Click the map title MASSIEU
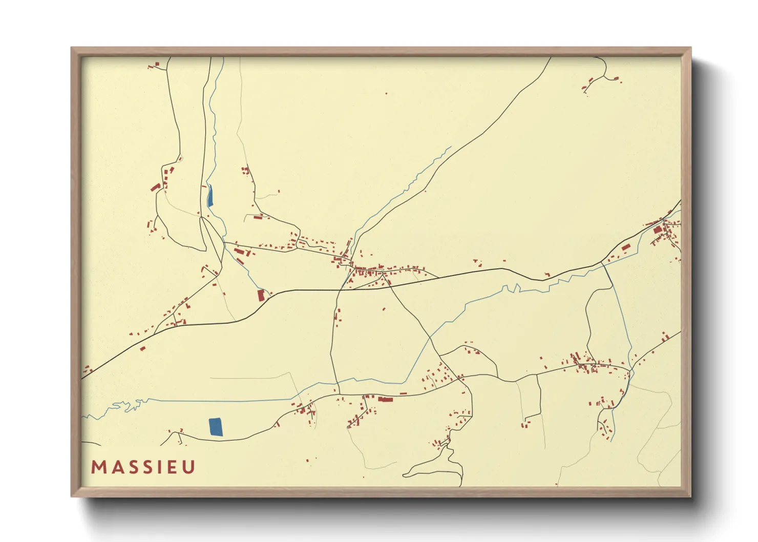(143, 467)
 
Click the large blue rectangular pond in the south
(216, 427)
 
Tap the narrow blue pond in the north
(210, 195)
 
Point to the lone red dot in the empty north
(386, 94)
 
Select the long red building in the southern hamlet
(385, 399)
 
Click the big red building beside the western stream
(261, 295)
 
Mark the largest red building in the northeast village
(657, 230)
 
